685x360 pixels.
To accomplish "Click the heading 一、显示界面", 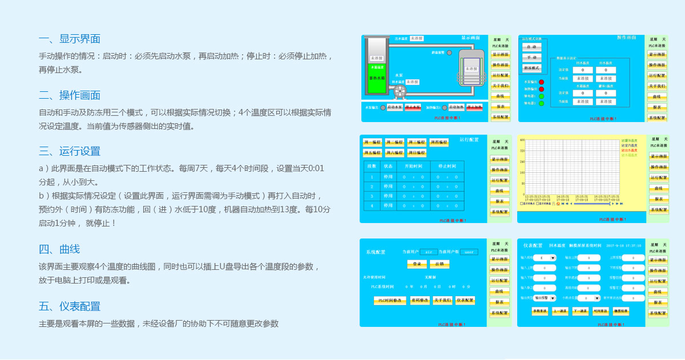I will pos(70,39).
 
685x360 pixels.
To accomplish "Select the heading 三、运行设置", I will pos(70,151).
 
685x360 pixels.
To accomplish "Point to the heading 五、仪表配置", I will pos(70,306).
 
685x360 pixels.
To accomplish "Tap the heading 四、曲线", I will pos(59,249).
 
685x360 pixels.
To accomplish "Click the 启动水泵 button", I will pos(395,107).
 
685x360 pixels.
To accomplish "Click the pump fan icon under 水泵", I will pos(400,91).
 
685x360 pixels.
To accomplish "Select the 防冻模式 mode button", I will pos(532,68).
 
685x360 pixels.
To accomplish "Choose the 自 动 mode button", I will pos(532,47).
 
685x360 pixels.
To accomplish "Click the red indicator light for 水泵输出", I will pos(541,82).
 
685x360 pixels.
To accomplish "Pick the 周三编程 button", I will pos(417,142).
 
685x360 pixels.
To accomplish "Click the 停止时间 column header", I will pos(447,166).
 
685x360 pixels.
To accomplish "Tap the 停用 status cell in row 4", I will pos(388,205).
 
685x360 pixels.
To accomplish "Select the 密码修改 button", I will pos(420,300).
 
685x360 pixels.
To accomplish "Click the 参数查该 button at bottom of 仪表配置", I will pos(539,311).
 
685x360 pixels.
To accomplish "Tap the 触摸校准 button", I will pos(621,311).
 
